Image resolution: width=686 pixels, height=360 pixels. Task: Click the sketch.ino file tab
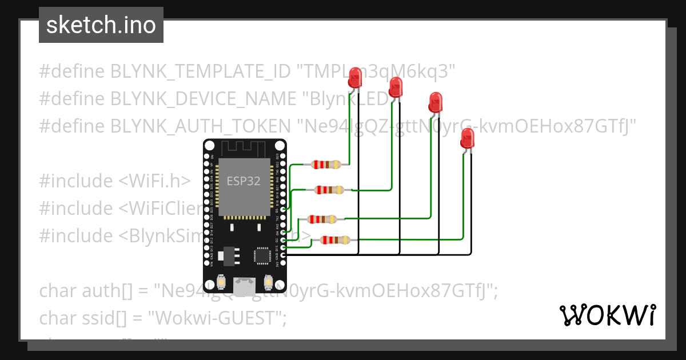click(x=101, y=25)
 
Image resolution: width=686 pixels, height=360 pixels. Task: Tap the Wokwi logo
click(x=607, y=315)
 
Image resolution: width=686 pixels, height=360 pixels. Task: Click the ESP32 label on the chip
click(x=244, y=181)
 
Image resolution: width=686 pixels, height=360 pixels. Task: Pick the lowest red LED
click(x=468, y=139)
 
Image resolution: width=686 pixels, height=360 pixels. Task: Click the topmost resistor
click(x=326, y=165)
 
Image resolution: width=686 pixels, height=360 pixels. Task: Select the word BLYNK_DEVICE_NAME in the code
click(x=203, y=99)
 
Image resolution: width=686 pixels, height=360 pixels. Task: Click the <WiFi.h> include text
click(x=154, y=181)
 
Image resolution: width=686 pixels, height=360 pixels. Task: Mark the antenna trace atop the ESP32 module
click(x=244, y=149)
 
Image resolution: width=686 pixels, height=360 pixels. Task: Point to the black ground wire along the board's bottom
click(x=377, y=255)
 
